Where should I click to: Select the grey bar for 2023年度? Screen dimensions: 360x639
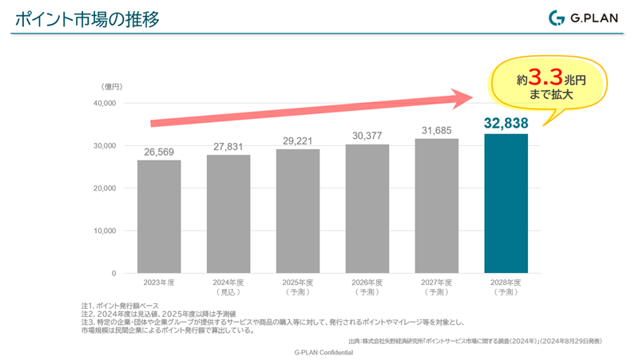click(158, 216)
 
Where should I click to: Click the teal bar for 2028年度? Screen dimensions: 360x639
click(506, 204)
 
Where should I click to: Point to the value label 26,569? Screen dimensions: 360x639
click(158, 151)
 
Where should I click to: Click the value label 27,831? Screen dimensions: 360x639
click(228, 146)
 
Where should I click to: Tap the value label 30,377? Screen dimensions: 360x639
click(367, 136)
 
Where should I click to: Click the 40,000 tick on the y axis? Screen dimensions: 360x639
click(104, 104)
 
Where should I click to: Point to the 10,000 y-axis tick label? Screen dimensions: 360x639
click(104, 231)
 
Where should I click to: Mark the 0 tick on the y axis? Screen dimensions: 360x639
click(113, 273)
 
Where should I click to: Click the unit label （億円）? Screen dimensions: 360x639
click(110, 86)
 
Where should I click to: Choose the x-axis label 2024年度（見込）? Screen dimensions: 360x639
click(228, 287)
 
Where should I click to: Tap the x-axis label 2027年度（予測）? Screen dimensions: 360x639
click(436, 287)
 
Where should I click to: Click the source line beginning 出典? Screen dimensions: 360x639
click(475, 341)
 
